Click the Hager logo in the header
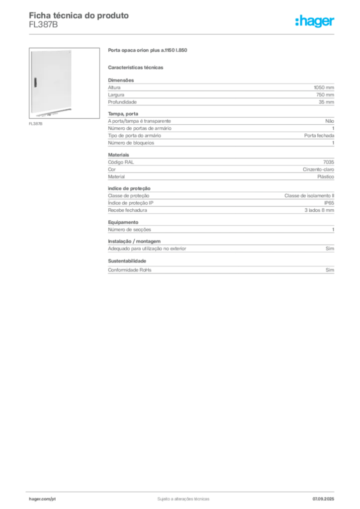315,21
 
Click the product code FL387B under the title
43,25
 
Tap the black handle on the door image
35,83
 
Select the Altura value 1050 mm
324,87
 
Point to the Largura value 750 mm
325,95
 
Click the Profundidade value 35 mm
326,102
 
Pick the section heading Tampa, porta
123,114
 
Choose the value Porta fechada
319,136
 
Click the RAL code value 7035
329,162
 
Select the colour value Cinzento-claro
318,170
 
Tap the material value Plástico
326,176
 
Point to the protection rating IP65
329,203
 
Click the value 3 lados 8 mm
319,210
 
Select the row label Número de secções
129,230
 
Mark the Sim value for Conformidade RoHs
330,270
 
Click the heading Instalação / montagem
134,242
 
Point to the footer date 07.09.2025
323,499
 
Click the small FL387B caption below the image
36,124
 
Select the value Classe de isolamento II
309,196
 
